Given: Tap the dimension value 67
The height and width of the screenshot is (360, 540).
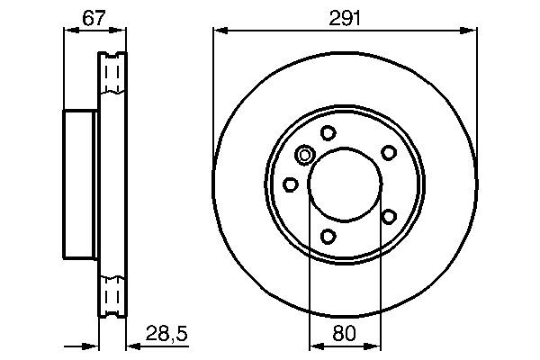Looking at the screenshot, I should [79, 17].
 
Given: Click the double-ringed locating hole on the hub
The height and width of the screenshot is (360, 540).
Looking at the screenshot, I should [305, 157].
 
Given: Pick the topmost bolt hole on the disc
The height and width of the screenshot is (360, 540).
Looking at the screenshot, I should [328, 133].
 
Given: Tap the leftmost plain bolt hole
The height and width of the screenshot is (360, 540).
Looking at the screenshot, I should [291, 184].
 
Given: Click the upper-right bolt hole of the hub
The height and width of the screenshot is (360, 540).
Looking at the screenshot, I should [388, 152].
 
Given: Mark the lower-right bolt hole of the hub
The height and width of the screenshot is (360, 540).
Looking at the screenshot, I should [388, 216].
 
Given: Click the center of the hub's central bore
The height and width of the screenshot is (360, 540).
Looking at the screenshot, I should [345, 185].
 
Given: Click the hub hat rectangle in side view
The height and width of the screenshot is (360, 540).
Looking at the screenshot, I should [80, 185].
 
